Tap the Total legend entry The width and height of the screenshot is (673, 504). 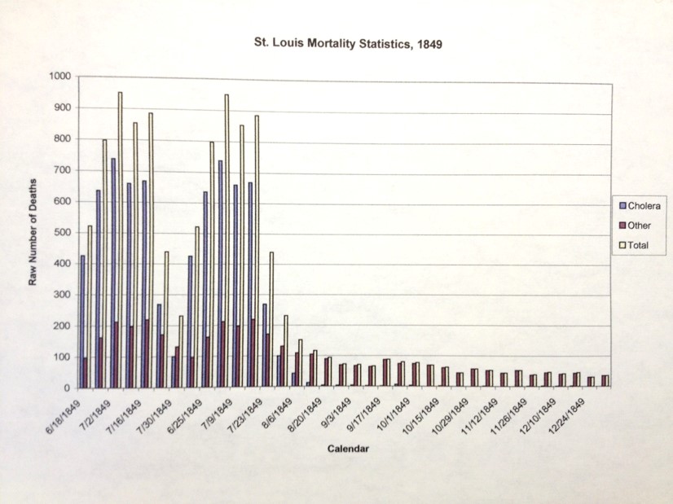(x=635, y=245)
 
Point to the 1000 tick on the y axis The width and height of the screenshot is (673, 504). (x=59, y=77)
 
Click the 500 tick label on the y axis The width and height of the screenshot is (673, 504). (x=62, y=233)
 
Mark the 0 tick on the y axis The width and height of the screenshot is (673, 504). (x=68, y=388)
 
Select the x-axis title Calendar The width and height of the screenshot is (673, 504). (x=348, y=449)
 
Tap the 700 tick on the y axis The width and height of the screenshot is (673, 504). (x=62, y=170)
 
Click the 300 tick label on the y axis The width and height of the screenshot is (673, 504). (x=62, y=295)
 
